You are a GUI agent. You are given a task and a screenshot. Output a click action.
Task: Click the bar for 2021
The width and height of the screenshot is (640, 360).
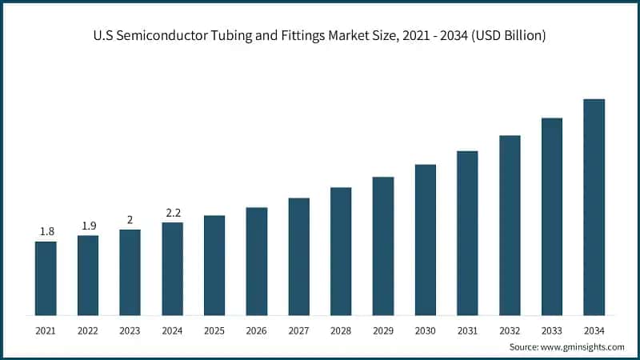pyautogui.click(x=46, y=278)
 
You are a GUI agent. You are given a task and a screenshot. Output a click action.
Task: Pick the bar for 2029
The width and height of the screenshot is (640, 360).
pyautogui.click(x=383, y=246)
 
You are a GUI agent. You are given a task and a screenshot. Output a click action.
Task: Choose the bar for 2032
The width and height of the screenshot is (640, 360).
pyautogui.click(x=510, y=225)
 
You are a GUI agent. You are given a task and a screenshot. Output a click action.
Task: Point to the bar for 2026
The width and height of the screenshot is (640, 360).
pyautogui.click(x=257, y=261)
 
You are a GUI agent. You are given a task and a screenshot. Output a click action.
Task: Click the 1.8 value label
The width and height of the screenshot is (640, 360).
pyautogui.click(x=46, y=232)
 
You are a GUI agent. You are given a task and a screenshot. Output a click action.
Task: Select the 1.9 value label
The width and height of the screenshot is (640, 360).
pyautogui.click(x=88, y=226)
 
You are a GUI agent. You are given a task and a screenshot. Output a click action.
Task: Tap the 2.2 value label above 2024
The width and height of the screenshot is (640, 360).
pyautogui.click(x=172, y=213)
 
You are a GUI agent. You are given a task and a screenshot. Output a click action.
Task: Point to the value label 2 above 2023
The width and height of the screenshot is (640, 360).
pyautogui.click(x=130, y=220)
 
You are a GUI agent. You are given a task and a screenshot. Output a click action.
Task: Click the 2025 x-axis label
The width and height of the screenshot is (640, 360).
pyautogui.click(x=214, y=330)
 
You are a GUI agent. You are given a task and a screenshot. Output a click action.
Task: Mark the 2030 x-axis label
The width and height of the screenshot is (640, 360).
pyautogui.click(x=425, y=330)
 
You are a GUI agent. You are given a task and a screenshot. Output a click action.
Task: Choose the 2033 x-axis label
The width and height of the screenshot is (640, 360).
pyautogui.click(x=552, y=330)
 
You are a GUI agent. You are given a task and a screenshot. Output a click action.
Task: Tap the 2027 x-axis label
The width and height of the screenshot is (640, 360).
pyautogui.click(x=298, y=330)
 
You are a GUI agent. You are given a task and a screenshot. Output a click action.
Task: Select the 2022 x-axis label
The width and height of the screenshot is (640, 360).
pyautogui.click(x=88, y=330)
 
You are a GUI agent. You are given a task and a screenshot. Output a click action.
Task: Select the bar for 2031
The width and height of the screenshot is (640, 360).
pyautogui.click(x=467, y=233)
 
